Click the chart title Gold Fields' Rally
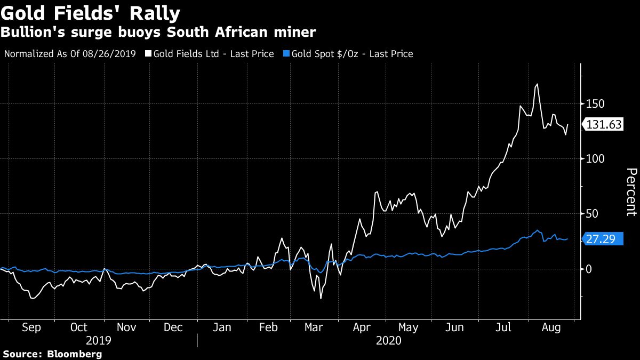pyautogui.click(x=91, y=13)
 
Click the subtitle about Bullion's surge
pyautogui.click(x=158, y=33)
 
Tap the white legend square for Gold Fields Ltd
pyautogui.click(x=148, y=54)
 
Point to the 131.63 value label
pyautogui.click(x=604, y=125)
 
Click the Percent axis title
pyautogui.click(x=631, y=191)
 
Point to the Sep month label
pyautogui.click(x=31, y=327)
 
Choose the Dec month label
pyautogui.click(x=173, y=327)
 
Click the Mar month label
pyautogui.click(x=314, y=327)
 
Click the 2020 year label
pyautogui.click(x=389, y=340)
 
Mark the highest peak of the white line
pyautogui.click(x=537, y=84)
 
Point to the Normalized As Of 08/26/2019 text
pyautogui.click(x=70, y=54)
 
